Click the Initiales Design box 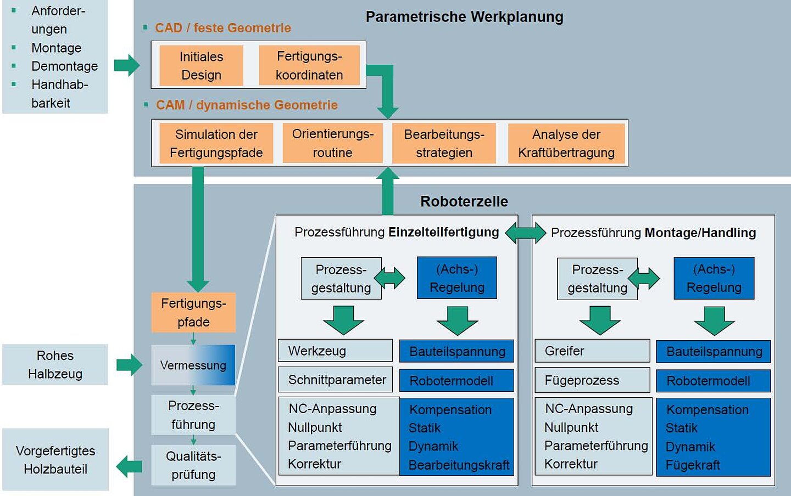201,66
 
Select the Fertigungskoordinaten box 309,66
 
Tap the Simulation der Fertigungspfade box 216,143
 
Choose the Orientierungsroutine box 332,143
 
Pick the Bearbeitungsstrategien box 444,143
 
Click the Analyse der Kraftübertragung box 566,143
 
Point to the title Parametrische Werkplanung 464,17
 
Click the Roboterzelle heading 464,201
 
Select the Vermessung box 193,365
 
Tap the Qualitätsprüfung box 193,465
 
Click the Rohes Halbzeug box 55,364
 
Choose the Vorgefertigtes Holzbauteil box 55,460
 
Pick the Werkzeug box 335,351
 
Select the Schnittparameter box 335,380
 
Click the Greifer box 592,351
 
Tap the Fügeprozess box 592,380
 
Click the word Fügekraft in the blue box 693,465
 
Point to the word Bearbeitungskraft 459,465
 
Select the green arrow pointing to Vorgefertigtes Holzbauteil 130,466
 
